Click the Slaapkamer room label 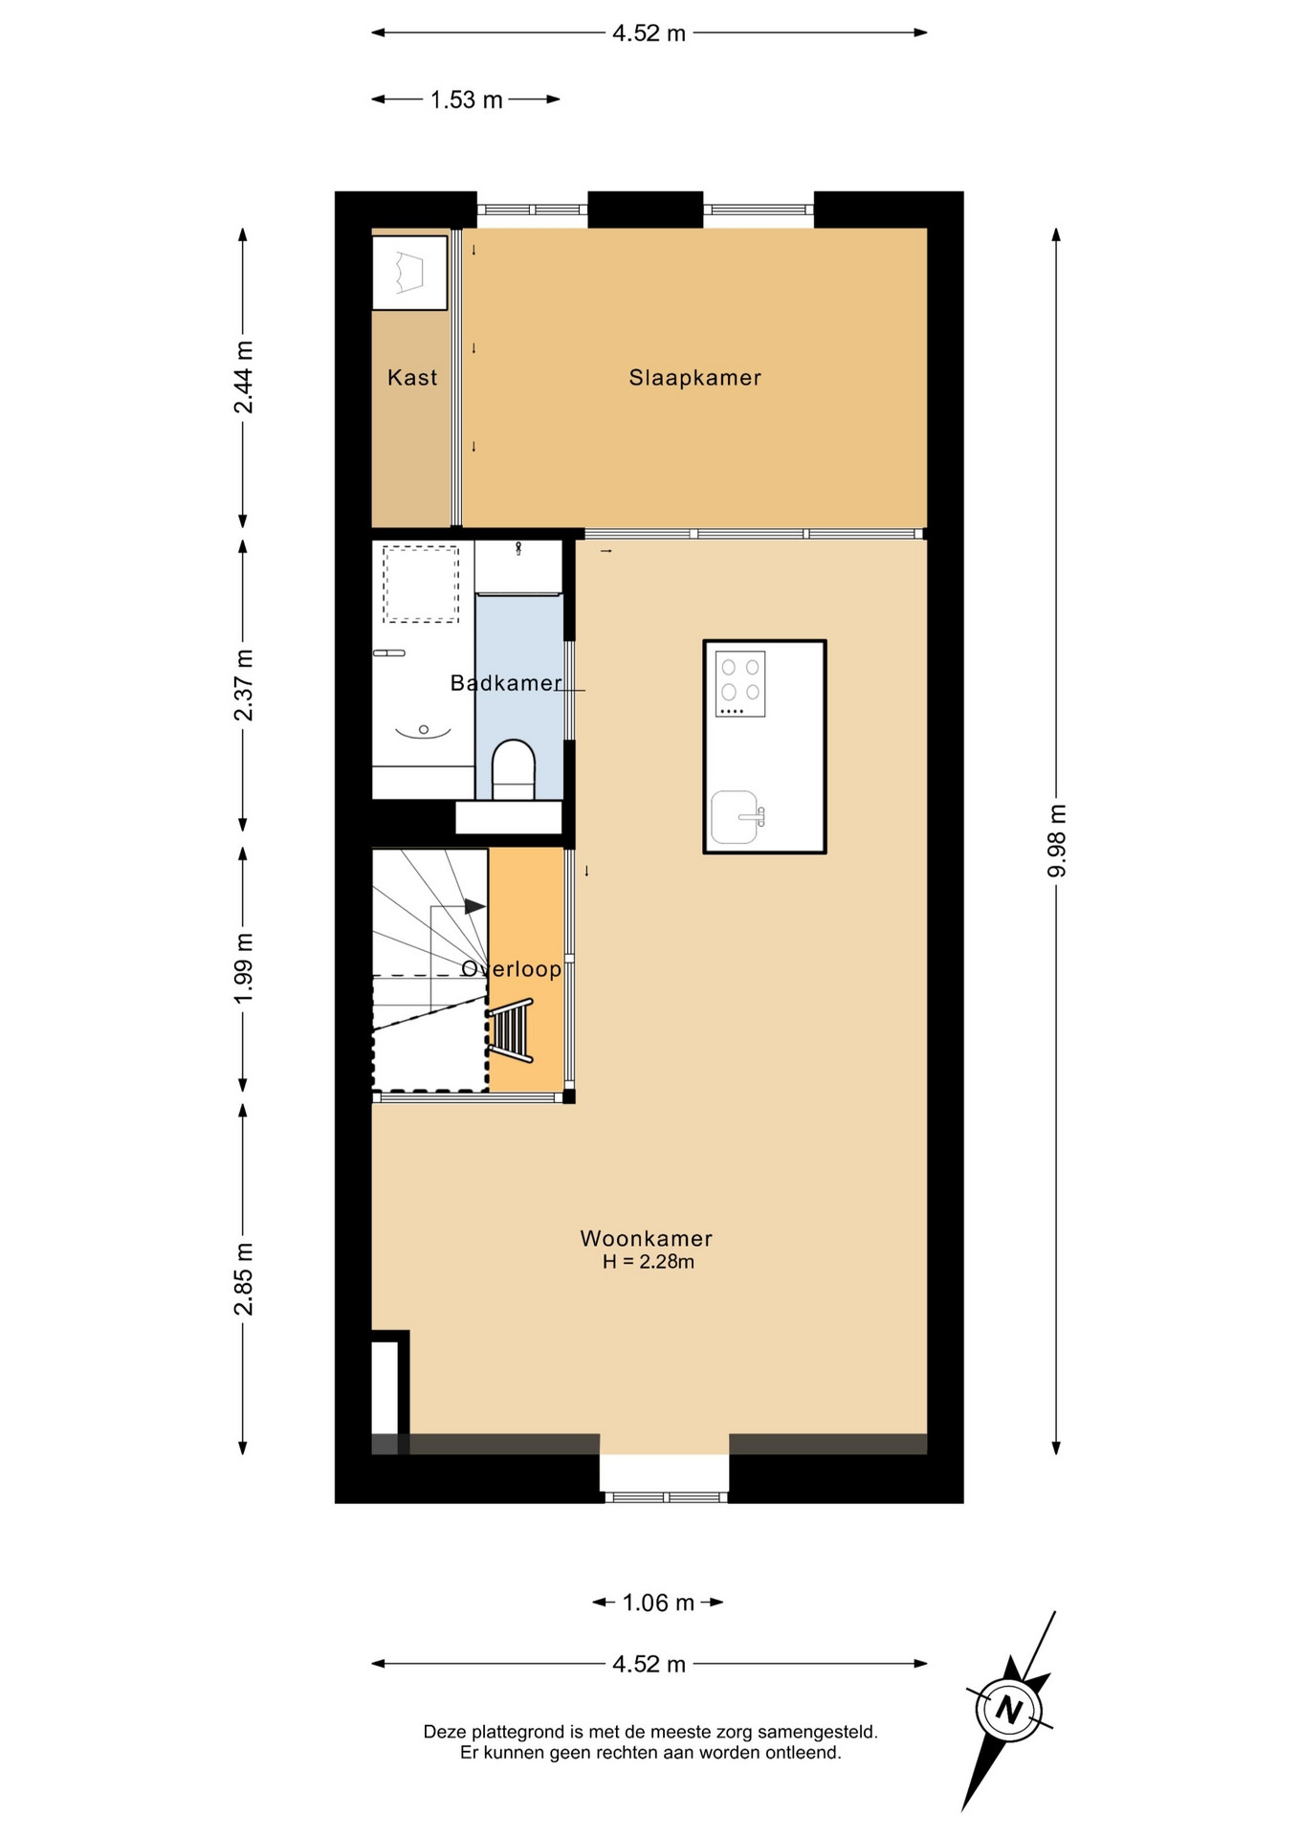694,378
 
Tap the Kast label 412,378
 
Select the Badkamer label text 506,683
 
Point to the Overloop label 512,969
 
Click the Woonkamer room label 647,1238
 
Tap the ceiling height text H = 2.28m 649,1262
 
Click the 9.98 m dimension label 1057,841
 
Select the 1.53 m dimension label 466,100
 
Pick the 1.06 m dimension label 658,1603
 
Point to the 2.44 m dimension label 244,377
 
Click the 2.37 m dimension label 244,685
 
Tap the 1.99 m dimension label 244,969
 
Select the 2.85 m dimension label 244,1278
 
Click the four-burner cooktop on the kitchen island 740,684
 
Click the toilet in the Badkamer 514,769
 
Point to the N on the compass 1008,1709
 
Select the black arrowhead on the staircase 474,906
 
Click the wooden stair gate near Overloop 510,1030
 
